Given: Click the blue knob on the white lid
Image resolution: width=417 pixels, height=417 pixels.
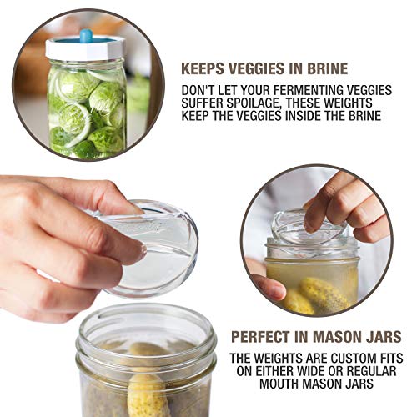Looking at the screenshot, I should [x=85, y=36].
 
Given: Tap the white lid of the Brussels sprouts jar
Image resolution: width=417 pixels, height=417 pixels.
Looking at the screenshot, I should [x=85, y=49].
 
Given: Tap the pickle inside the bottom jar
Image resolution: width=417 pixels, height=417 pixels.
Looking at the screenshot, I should [x=145, y=392].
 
